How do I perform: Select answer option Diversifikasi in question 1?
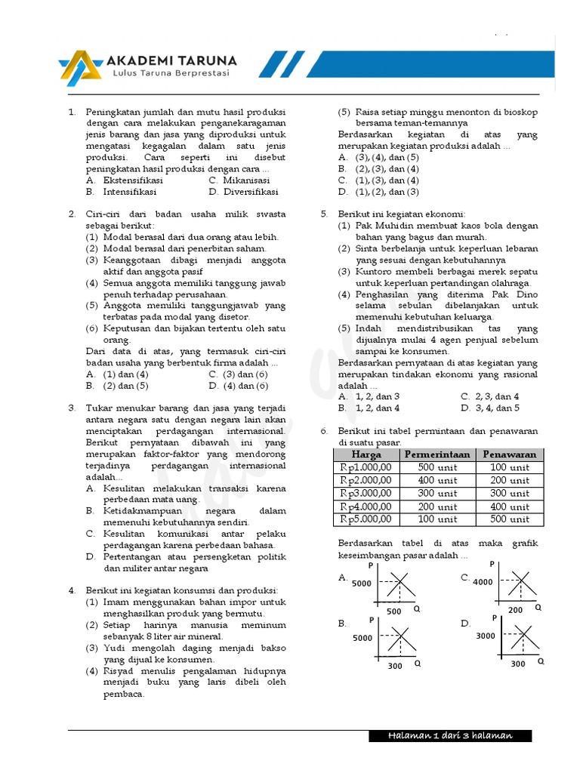[x=250, y=192]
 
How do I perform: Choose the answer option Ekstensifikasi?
[x=133, y=180]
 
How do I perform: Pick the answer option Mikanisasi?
[x=245, y=180]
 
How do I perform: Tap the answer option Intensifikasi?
[x=131, y=192]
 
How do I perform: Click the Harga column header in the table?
[x=366, y=454]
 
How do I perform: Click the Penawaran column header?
[x=510, y=454]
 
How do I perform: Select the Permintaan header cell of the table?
[x=437, y=454]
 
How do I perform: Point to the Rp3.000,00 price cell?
[x=366, y=493]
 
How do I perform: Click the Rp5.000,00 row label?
[x=366, y=519]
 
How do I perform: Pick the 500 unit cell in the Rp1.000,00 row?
[x=437, y=467]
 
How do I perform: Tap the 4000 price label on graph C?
[x=483, y=582]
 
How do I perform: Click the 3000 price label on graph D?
[x=486, y=636]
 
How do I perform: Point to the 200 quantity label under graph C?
[x=515, y=609]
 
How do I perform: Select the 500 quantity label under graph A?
[x=394, y=611]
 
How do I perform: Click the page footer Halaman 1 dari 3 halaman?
[x=450, y=736]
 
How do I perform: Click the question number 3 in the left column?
[x=72, y=408]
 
